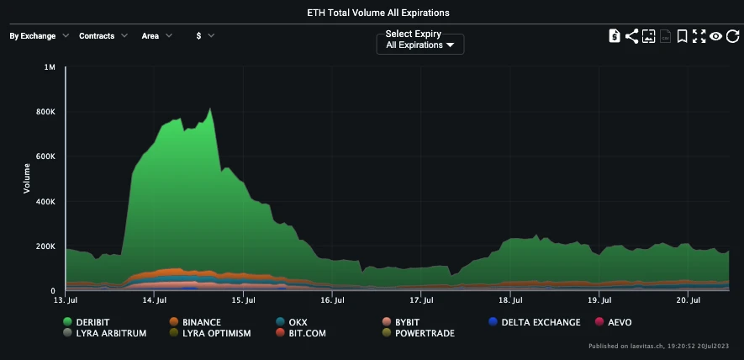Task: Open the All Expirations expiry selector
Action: pos(419,45)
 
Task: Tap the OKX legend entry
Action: pos(292,322)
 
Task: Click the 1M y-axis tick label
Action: pos(49,67)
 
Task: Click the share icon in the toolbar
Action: pos(631,36)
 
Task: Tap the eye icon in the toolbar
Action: pos(715,36)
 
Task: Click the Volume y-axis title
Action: pos(27,178)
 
